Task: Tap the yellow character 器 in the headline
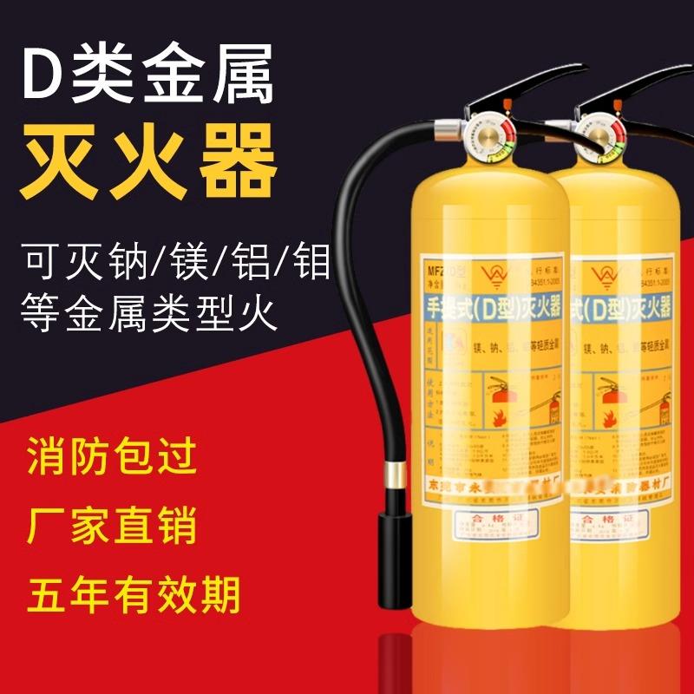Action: [236, 160]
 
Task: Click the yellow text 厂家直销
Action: [113, 527]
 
